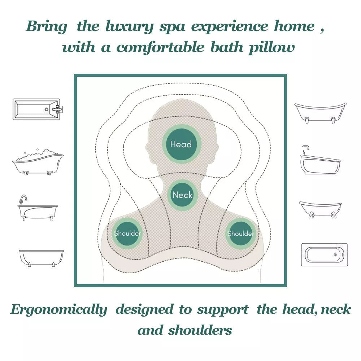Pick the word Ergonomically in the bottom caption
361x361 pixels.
click(59, 310)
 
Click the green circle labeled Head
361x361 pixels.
click(181, 144)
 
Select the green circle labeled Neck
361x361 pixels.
click(183, 195)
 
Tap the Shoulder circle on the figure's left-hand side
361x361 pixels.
click(127, 233)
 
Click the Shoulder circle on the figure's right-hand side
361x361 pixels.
click(241, 234)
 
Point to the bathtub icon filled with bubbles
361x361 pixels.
click(38, 163)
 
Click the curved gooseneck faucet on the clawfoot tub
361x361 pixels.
click(23, 198)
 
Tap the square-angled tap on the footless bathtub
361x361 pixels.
click(305, 149)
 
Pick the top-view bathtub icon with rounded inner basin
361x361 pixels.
click(324, 255)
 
